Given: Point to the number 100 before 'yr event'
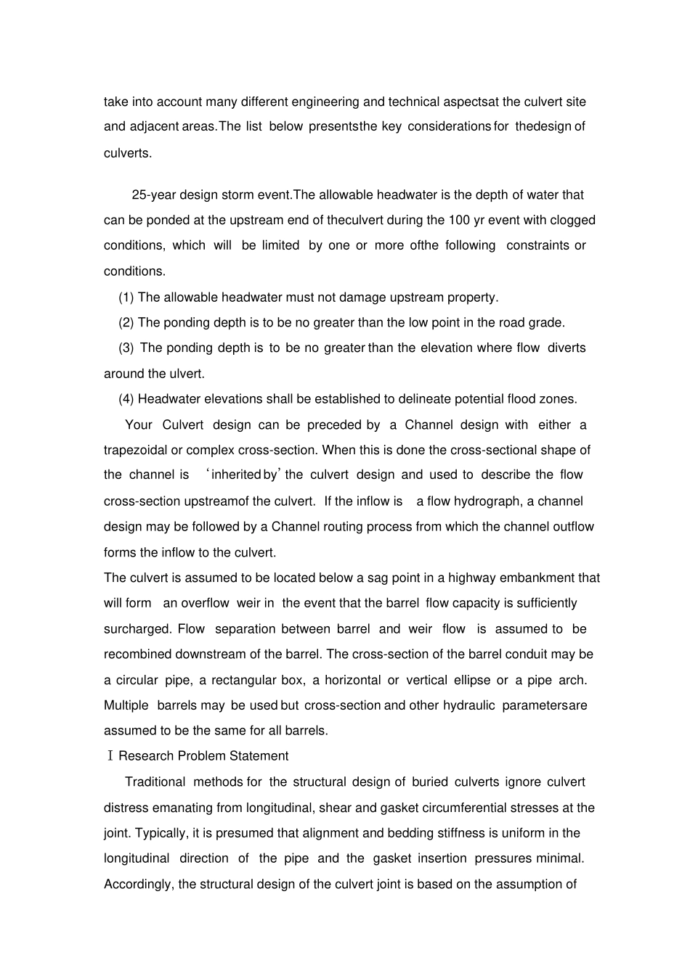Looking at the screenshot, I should [459, 220].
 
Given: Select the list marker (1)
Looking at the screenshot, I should [126, 297].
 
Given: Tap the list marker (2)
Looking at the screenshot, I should [126, 322].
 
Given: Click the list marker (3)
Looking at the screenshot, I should [126, 348].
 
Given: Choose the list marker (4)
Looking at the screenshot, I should [126, 398].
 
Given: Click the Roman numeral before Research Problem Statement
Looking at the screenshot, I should [110, 756].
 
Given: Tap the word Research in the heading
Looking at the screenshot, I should [144, 756].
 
